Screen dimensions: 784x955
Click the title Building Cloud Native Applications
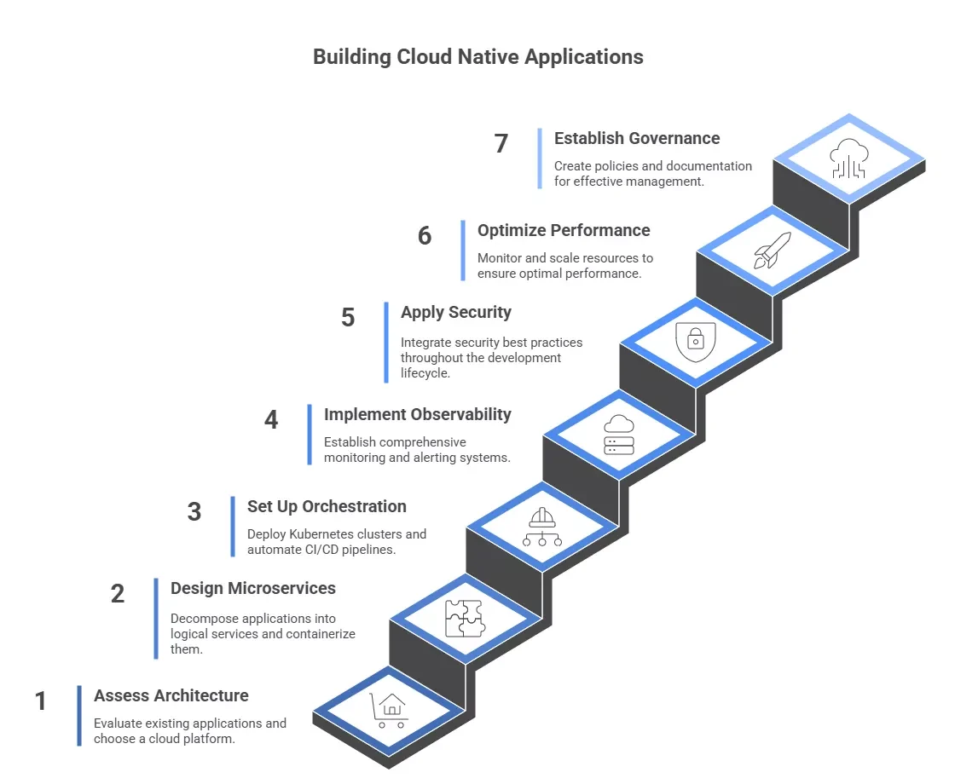tap(477, 57)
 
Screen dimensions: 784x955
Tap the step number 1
tap(41, 701)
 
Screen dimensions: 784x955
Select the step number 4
tap(271, 420)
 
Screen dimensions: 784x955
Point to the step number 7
tap(501, 144)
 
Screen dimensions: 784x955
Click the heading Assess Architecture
tap(171, 695)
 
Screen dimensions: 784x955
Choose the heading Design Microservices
tap(253, 588)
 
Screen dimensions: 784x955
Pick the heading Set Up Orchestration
tap(327, 506)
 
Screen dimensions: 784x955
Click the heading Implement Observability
tap(418, 414)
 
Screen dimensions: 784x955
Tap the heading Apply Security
tap(456, 312)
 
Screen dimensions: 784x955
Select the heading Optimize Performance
tap(564, 230)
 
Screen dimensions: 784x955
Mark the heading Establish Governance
tap(637, 138)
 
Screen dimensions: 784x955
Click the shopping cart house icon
tap(389, 711)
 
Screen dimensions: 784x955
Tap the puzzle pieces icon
tap(465, 619)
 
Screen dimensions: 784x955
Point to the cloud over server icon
tap(618, 435)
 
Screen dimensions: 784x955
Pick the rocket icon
tap(773, 251)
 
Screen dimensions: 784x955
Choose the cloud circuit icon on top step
tap(849, 159)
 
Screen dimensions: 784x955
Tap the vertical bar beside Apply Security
tap(386, 342)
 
